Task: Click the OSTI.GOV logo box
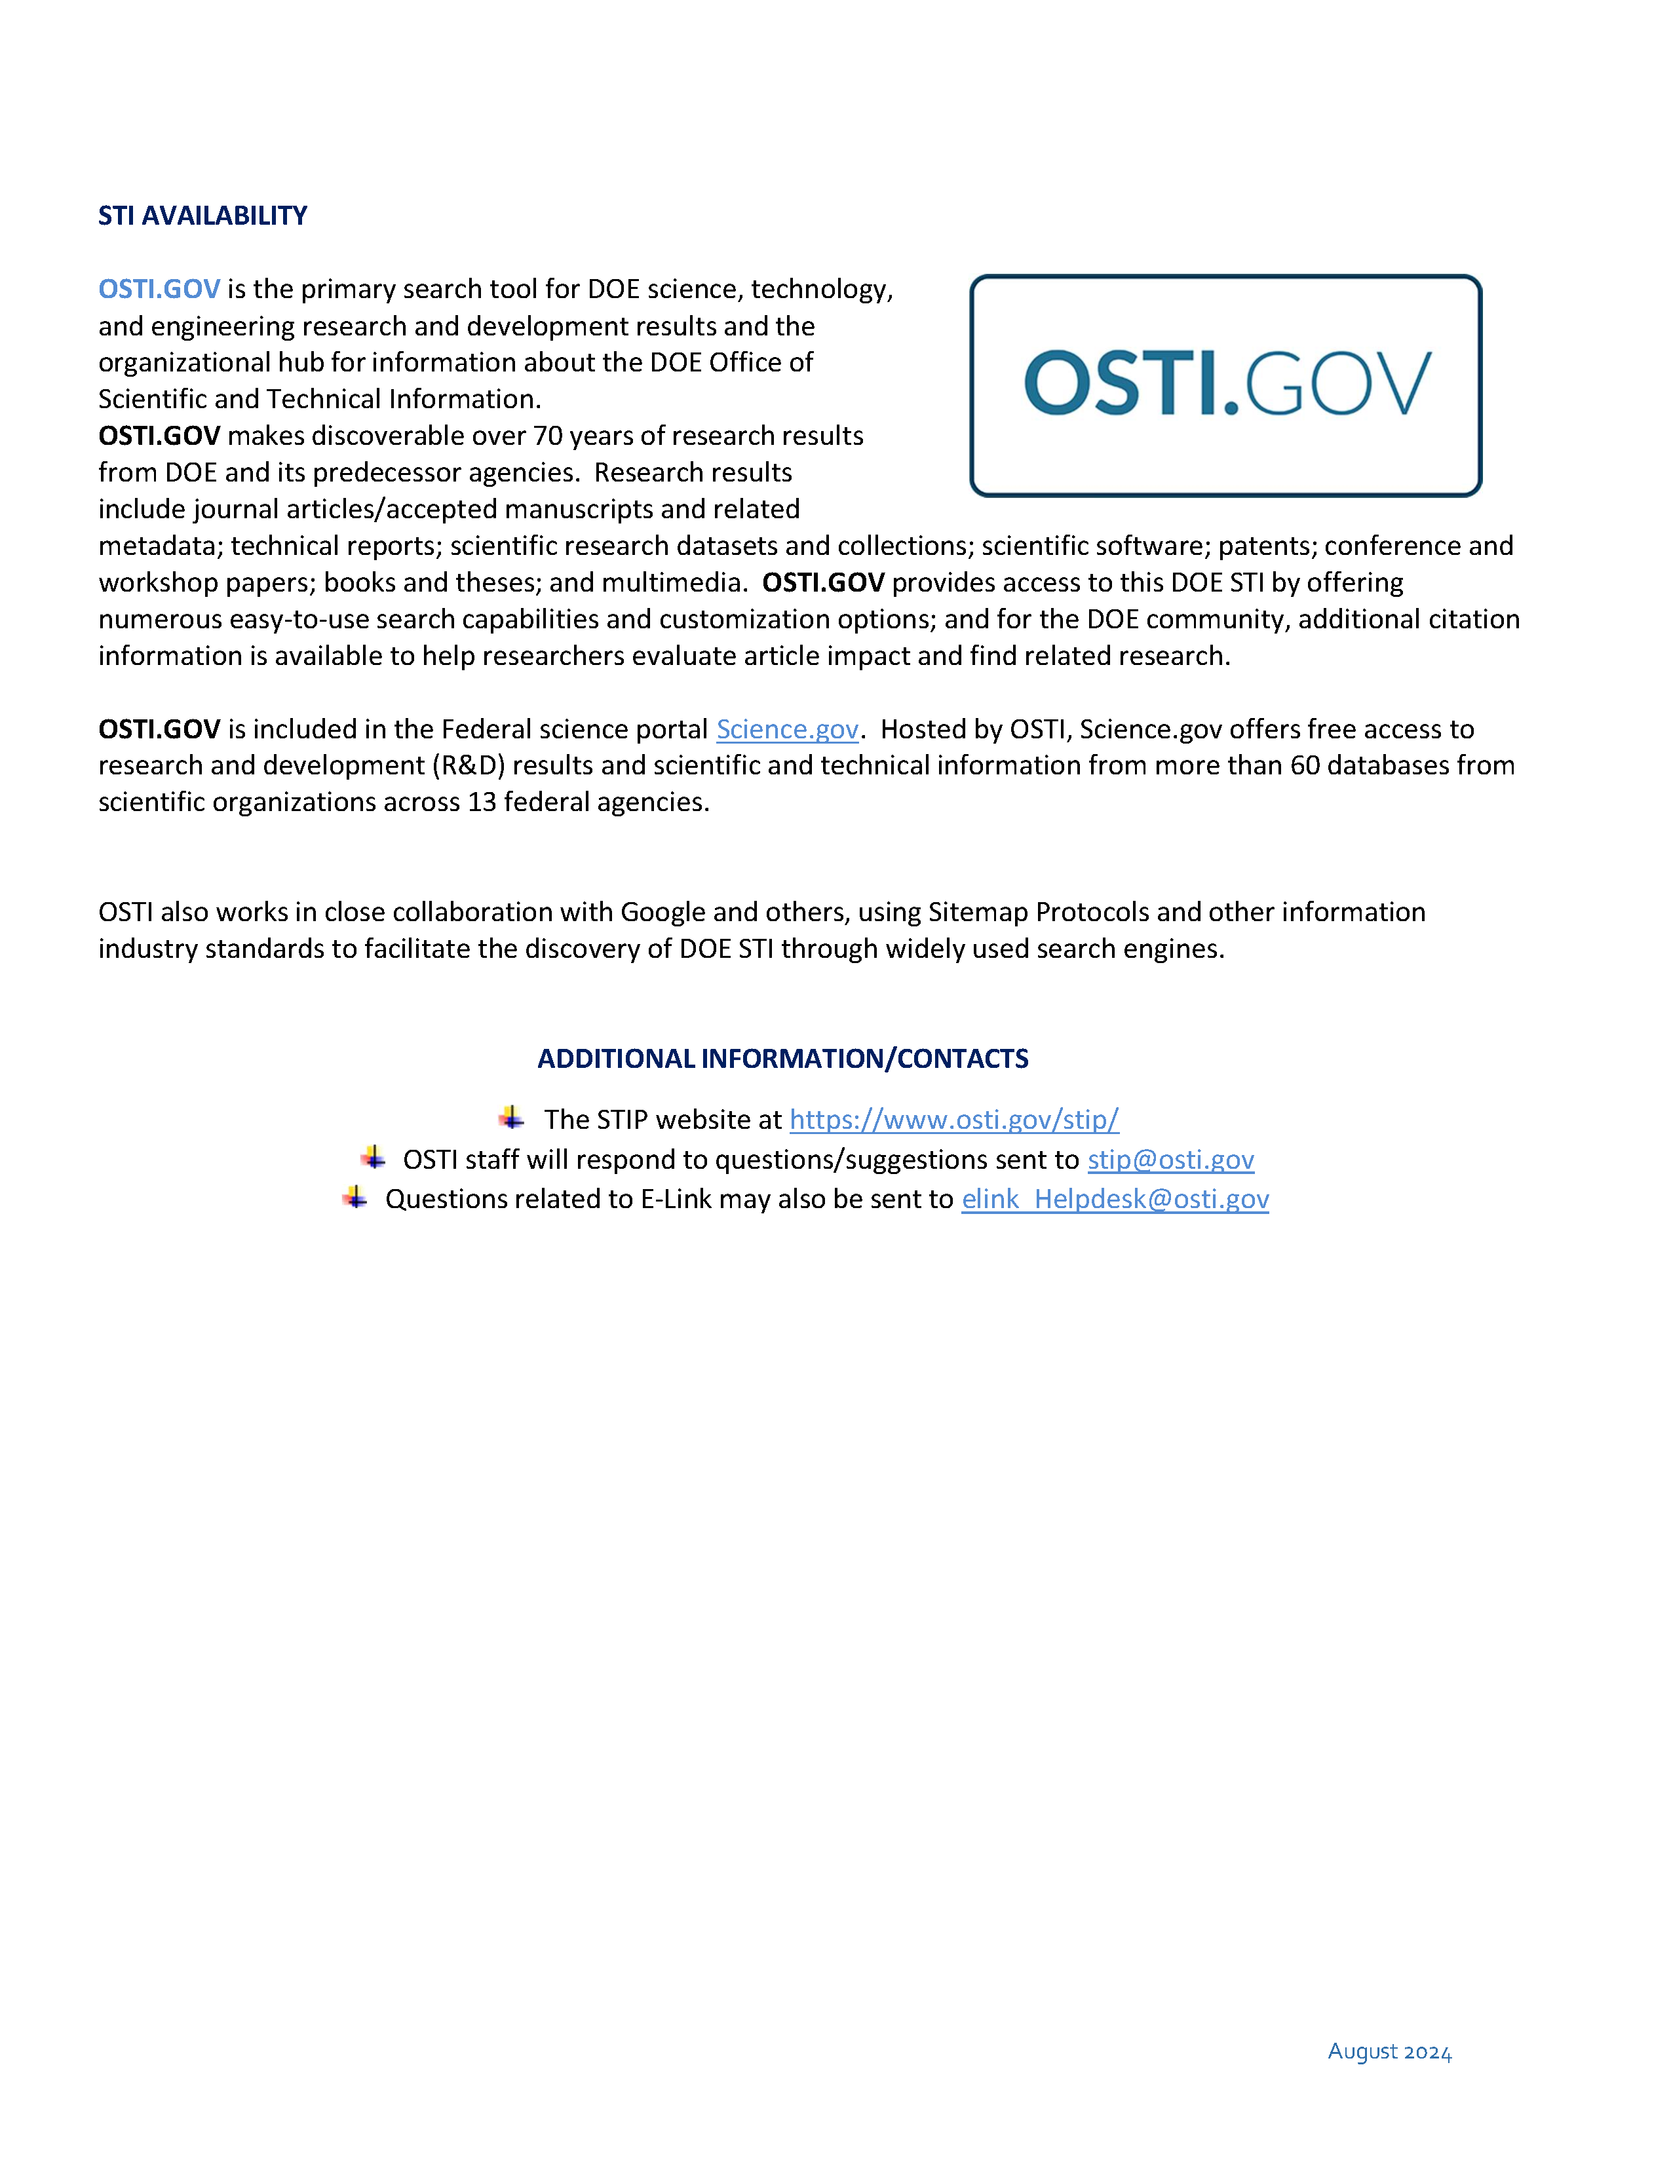(1225, 385)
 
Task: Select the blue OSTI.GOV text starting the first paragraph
(159, 289)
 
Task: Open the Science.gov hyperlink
(787, 730)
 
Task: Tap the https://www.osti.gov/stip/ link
(954, 1120)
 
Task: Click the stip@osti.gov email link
(1171, 1159)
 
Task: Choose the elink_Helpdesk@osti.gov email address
(1115, 1199)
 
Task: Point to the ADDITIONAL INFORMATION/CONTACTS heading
(782, 1058)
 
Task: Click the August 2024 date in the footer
(1389, 2051)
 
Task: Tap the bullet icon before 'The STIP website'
(511, 1118)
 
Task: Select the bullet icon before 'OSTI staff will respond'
(372, 1157)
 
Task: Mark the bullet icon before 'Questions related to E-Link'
(355, 1198)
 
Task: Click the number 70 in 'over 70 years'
(547, 436)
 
